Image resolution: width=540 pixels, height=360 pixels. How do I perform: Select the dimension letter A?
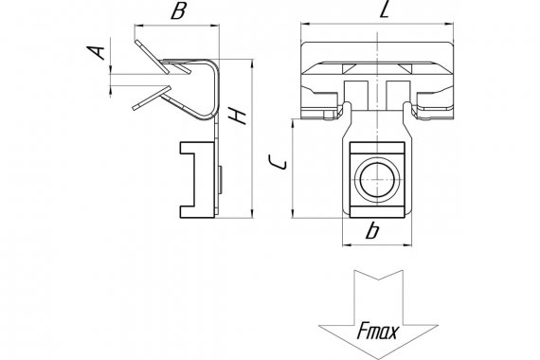(96, 52)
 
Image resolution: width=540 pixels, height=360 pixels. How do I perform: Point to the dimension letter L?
(385, 9)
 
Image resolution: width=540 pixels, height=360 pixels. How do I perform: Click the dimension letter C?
(278, 162)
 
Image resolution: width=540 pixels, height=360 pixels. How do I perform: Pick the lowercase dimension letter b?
(372, 230)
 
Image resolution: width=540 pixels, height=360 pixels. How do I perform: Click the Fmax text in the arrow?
(377, 331)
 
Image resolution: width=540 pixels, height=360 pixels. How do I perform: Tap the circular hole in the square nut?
(377, 179)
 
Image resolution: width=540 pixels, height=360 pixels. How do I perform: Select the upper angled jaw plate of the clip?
(152, 57)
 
